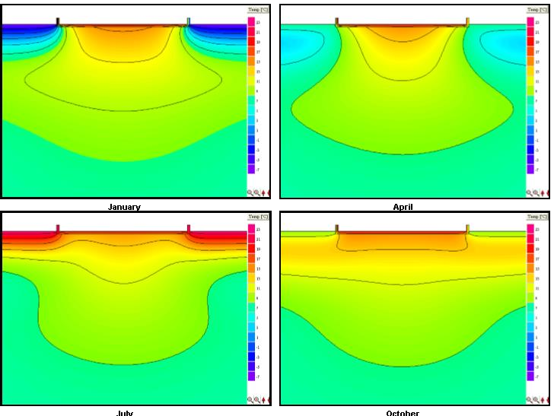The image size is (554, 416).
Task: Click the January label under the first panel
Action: [124, 207]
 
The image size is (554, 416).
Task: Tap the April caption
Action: [403, 207]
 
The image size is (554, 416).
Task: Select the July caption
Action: [124, 413]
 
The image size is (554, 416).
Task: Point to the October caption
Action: [403, 413]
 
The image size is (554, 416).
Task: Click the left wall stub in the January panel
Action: [59, 21]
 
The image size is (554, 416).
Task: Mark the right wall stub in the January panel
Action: [189, 21]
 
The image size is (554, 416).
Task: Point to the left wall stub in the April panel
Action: [337, 21]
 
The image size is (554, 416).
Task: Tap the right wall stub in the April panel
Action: [467, 21]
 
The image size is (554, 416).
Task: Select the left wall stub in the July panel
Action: [59, 228]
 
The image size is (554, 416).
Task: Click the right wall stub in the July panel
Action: [189, 228]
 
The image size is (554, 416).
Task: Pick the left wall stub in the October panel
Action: [337, 228]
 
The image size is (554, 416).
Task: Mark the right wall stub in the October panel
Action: [467, 228]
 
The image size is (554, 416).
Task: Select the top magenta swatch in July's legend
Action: [252, 228]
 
